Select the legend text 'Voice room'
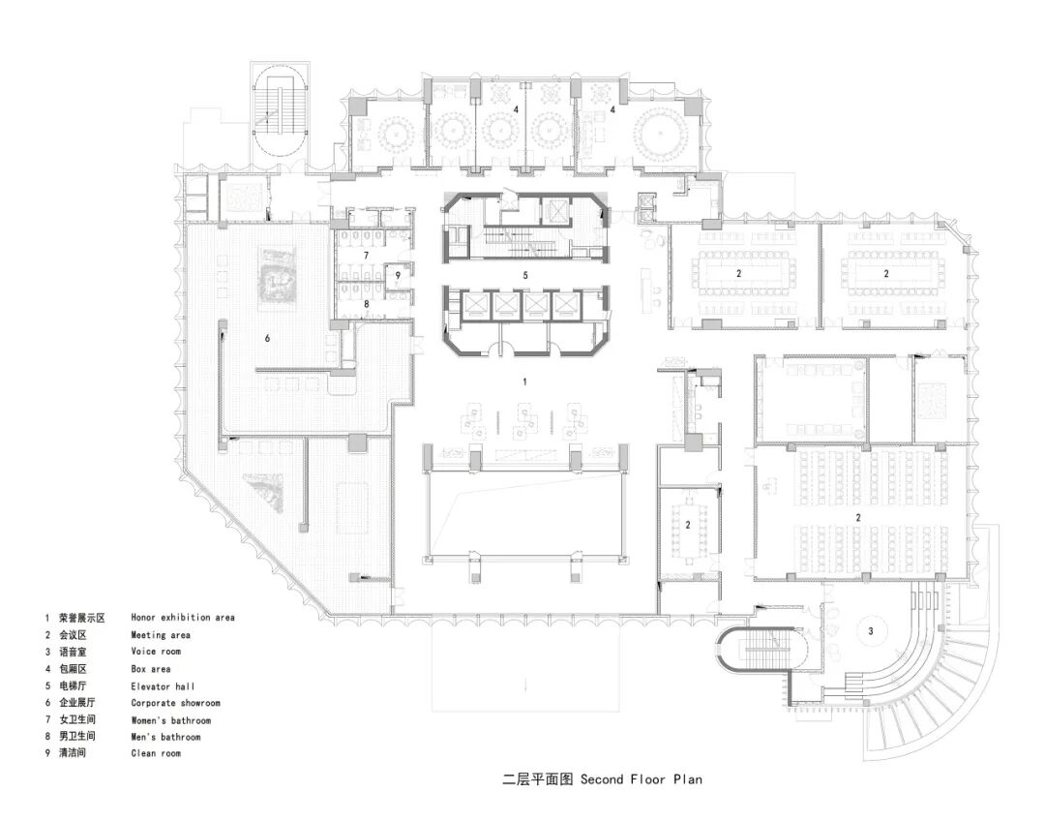coord(156,652)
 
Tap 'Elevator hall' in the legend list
coord(164,685)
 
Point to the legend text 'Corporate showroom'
coord(175,703)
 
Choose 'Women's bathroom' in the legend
coord(170,720)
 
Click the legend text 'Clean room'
coord(156,753)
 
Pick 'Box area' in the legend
coord(151,668)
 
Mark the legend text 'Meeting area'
coord(161,635)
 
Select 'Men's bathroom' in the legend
coord(165,737)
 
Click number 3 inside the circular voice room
coord(870,631)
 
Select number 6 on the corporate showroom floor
coord(267,338)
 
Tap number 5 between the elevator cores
coord(524,275)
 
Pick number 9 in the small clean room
coord(397,276)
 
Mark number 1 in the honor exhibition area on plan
coord(524,382)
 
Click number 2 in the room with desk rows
coord(858,519)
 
